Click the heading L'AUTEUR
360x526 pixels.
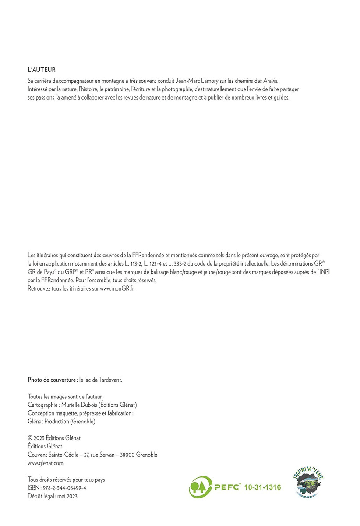41,70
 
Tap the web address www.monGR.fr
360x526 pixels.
117,288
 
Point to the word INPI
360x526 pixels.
318,272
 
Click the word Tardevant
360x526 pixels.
109,380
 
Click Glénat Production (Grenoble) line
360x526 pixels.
61,422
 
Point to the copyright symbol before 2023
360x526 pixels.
30,438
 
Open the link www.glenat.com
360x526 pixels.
46,463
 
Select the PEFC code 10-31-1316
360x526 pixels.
262,487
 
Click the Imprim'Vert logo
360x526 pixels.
310,484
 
